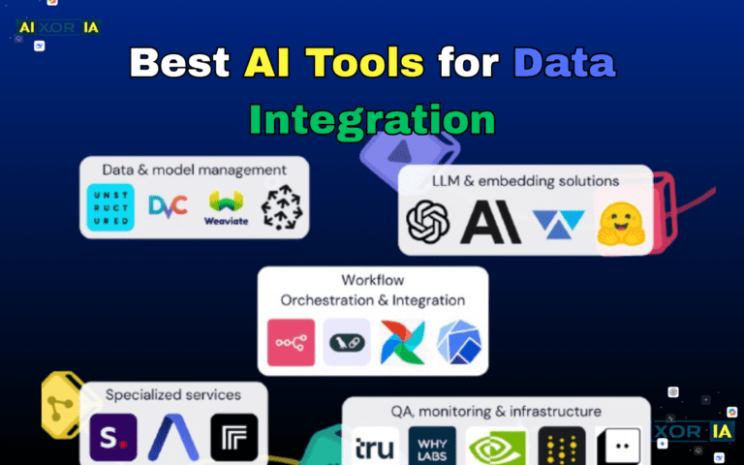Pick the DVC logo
click(166, 206)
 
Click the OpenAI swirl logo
click(427, 222)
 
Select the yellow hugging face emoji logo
click(620, 222)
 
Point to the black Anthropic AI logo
click(490, 222)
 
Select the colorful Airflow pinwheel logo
click(402, 342)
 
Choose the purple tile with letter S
click(113, 437)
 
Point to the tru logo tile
click(374, 446)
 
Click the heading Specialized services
click(172, 394)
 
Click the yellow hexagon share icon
click(58, 402)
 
